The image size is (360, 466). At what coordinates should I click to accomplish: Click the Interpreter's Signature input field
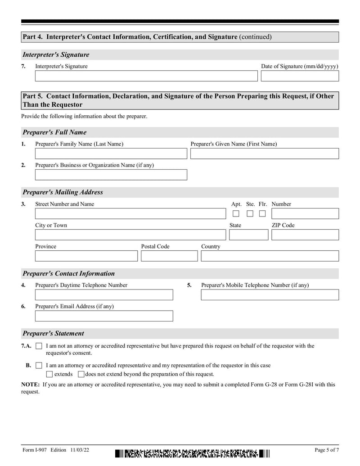coord(146,76)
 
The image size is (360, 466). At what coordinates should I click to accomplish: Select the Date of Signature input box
coord(300,76)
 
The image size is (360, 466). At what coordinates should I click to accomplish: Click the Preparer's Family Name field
coord(111,154)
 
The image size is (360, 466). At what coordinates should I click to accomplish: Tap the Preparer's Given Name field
coord(264,154)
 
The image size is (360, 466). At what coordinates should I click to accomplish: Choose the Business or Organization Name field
coord(111,175)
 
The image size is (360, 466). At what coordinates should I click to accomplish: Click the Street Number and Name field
coord(130,214)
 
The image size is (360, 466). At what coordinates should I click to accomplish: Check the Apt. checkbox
coord(236,214)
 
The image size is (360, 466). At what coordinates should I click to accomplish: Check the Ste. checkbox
coord(250,214)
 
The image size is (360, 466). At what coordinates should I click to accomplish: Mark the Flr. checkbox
coord(262,214)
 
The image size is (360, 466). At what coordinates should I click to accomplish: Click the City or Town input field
coord(130,235)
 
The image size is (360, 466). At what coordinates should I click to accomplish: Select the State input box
coord(248,235)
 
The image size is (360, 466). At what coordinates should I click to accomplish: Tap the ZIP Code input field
coord(305,235)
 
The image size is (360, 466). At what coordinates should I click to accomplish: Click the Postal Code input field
coord(169,256)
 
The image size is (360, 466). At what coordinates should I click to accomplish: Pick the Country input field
coord(270,256)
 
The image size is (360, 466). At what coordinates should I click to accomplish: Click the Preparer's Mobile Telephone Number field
coord(270,295)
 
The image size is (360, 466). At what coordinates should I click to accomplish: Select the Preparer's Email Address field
coord(104,316)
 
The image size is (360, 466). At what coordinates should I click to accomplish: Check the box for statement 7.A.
coord(39,346)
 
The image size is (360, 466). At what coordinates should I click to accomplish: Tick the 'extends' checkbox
coord(49,374)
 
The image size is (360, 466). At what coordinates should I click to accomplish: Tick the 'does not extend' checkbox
coord(81,374)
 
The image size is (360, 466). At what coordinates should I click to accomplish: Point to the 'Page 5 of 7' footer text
coord(327,450)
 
